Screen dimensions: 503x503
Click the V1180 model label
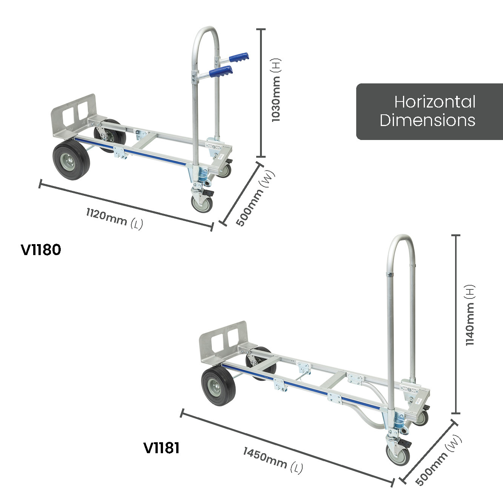[41, 249]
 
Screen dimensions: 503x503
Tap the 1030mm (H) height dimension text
[275, 90]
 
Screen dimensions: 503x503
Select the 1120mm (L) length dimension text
[115, 219]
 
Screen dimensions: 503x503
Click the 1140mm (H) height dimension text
[470, 315]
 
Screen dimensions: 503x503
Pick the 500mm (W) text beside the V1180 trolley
[255, 198]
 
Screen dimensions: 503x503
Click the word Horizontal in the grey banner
[435, 102]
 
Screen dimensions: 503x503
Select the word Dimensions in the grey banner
[427, 120]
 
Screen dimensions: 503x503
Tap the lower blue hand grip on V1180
[222, 71]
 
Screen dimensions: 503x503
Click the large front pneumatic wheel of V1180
[71, 159]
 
